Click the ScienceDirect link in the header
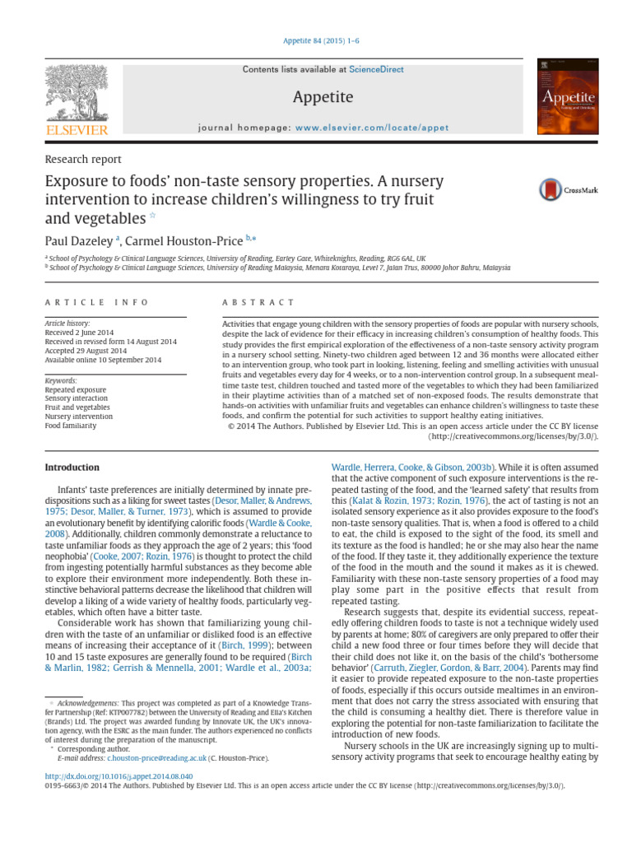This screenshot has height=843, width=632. [x=376, y=70]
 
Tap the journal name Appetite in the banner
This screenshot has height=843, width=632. [x=323, y=98]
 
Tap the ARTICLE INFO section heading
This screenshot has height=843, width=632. [x=96, y=303]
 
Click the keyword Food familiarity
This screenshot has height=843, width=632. [x=71, y=426]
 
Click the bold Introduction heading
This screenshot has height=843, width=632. [x=72, y=468]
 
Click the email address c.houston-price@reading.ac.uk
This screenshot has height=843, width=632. [x=157, y=757]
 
